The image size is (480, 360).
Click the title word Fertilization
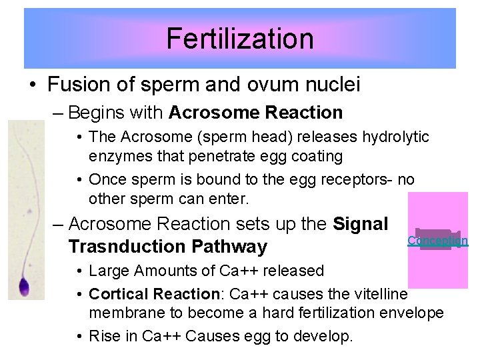(239, 39)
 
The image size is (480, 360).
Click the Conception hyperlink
(437, 241)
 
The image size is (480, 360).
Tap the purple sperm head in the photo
(24, 287)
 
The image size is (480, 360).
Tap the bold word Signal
(360, 223)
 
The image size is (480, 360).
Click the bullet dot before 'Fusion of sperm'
(32, 85)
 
